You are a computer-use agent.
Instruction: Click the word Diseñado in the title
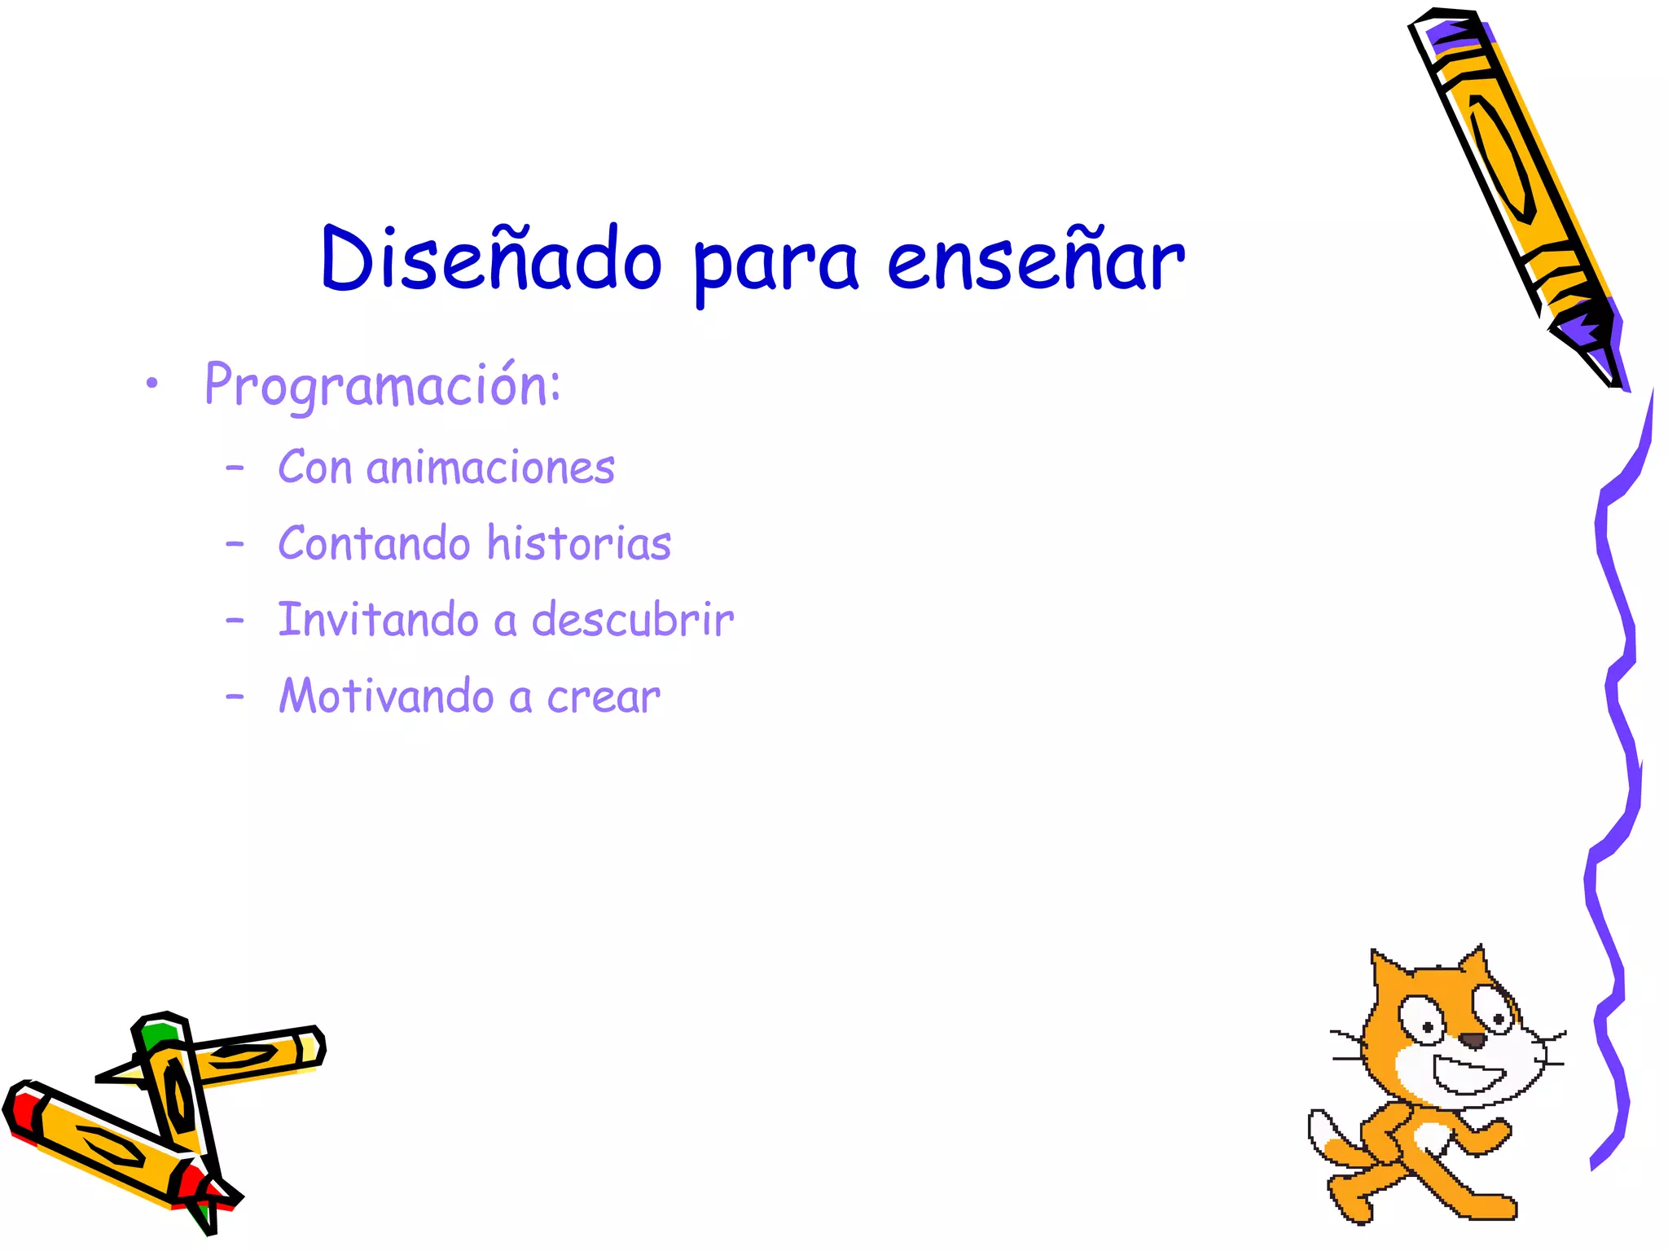point(491,259)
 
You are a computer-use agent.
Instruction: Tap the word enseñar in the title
point(1035,261)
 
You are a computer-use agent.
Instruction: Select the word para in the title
point(775,265)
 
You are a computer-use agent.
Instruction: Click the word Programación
point(382,385)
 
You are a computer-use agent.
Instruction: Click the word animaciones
point(490,468)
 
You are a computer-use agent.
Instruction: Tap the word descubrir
point(633,620)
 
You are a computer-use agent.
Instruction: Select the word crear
point(604,697)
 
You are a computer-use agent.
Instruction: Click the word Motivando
point(387,696)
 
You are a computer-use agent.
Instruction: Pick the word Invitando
point(378,620)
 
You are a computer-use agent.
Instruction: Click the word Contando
point(374,543)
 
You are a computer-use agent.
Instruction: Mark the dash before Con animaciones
point(235,468)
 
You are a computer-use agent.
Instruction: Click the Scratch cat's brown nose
point(1472,1040)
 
